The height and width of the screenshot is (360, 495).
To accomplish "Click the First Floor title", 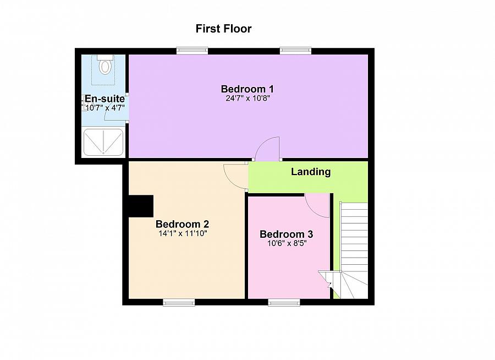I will pos(223,29).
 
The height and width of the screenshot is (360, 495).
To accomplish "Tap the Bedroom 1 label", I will pos(247,89).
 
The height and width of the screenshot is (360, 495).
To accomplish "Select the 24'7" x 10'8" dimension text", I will pos(247,99).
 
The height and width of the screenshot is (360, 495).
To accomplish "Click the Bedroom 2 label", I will pos(182,224).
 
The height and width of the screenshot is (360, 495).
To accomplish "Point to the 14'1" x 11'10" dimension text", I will pos(182,233).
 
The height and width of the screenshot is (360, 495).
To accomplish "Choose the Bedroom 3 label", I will pos(287,234).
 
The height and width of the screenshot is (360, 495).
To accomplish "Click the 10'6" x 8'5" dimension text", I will pos(287,243).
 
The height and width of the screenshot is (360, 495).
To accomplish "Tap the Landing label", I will pos(311,172).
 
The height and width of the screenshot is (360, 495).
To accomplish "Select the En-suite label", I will pos(104,99).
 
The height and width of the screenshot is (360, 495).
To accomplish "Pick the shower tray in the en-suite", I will pos(103,143).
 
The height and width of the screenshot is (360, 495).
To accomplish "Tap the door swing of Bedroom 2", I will pos(235,176).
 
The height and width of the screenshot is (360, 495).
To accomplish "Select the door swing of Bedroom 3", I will pos(317,206).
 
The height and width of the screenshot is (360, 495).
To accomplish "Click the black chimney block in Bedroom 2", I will pos(140,206).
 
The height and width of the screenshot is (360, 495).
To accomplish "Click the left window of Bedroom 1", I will pos(192,51).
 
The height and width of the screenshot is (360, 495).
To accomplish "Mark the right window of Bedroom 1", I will pos(296,51).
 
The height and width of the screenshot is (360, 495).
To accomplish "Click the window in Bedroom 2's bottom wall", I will pos(179,302).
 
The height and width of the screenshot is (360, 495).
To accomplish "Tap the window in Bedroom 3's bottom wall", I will pos(284,302).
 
